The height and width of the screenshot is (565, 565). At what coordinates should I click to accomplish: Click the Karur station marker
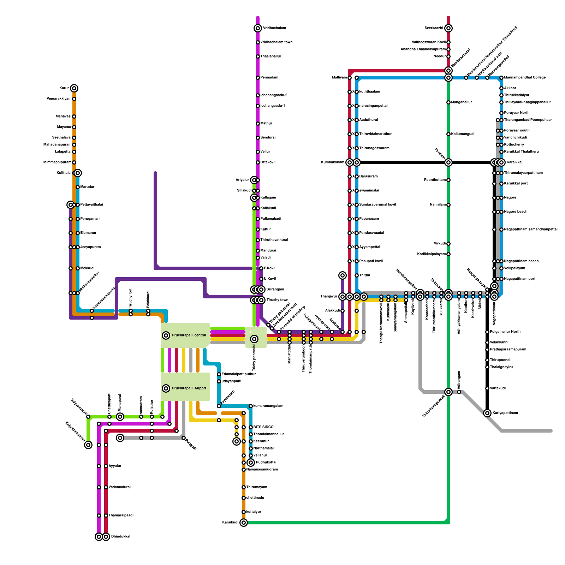pos(74,88)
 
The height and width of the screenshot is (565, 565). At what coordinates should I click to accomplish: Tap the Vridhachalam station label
pos(274,28)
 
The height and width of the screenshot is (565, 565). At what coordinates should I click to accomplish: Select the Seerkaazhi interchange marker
pos(448,28)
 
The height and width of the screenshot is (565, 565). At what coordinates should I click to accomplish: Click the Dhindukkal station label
pos(121,537)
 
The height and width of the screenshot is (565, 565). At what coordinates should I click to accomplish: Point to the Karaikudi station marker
pos(244,523)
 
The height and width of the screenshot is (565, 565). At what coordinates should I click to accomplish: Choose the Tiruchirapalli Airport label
pos(189,388)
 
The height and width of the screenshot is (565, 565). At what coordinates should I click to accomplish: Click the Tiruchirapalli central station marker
pos(166,335)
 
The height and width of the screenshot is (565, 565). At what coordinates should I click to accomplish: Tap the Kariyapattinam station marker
pos(487,413)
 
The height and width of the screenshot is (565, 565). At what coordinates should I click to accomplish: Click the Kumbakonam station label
pos(333,162)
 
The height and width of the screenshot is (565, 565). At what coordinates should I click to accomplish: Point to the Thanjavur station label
pos(329,297)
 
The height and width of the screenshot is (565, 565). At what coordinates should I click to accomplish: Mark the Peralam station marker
pos(448,162)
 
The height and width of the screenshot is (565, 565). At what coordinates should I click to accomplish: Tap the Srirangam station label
pos(275,290)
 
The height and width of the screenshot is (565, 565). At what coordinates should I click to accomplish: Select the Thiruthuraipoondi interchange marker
pos(448,392)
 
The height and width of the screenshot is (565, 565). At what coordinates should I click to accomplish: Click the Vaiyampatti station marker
pos(88,417)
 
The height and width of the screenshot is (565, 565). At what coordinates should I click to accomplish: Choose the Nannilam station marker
pos(448,205)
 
